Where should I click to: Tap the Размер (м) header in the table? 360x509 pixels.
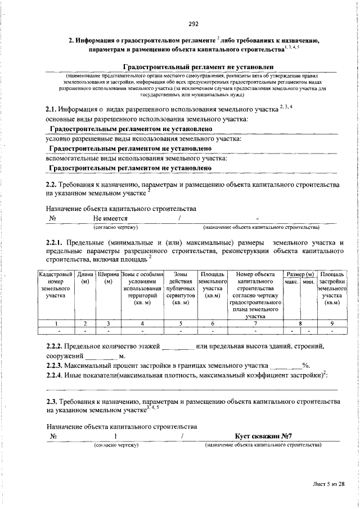[299, 273]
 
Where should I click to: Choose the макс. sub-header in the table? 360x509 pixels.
[291, 281]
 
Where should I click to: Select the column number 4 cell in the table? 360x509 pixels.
[142, 323]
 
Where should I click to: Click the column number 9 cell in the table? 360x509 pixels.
[332, 323]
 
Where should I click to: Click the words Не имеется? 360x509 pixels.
[111, 218]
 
